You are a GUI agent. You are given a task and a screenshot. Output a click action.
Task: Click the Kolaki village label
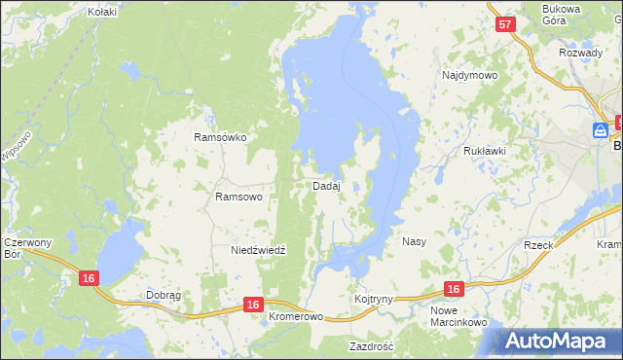click(101, 12)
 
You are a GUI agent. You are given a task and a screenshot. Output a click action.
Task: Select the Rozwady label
click(579, 53)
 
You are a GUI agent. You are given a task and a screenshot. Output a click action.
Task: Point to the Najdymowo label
click(469, 75)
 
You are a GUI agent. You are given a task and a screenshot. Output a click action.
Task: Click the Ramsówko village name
click(220, 138)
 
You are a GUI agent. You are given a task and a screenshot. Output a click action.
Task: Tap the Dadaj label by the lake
click(325, 186)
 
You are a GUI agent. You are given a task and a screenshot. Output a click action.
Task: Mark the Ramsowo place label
click(238, 197)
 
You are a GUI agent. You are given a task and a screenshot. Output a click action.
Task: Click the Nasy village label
click(414, 240)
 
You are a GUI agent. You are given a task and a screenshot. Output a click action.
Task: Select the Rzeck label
click(538, 245)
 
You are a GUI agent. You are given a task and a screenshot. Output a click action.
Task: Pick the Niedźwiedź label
click(258, 250)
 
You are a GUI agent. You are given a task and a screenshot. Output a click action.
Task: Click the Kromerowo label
click(295, 317)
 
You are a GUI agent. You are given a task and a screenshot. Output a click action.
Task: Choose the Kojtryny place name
click(374, 299)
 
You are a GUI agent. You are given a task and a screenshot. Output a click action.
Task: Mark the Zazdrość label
click(371, 345)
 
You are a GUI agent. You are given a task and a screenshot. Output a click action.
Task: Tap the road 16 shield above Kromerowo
click(253, 305)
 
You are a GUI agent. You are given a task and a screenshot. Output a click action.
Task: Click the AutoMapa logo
click(559, 341)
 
